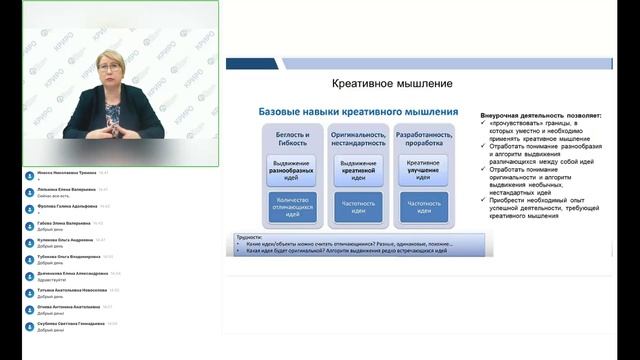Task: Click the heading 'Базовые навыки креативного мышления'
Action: coord(359,111)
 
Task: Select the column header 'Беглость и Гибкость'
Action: coord(292,138)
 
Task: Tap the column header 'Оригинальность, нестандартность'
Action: coord(357,138)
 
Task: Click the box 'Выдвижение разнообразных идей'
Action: coord(292,168)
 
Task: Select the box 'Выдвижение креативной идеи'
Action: coord(357,168)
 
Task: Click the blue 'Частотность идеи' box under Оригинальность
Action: coord(357,205)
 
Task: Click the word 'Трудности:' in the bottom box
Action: coord(248,237)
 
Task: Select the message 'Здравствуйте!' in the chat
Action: coord(51,279)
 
